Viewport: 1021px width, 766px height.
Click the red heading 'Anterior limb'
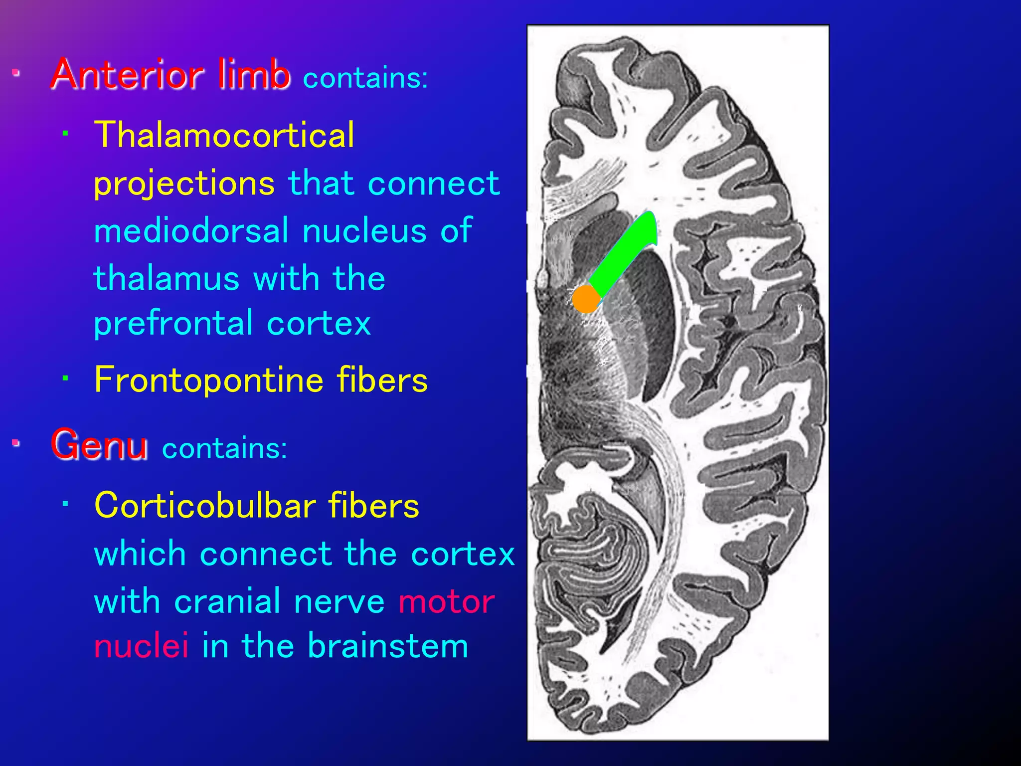[x=170, y=75]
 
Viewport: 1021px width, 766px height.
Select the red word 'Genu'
[x=99, y=444]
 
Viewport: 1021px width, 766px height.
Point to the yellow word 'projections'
[x=184, y=184]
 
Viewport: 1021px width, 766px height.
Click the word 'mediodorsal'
[x=191, y=231]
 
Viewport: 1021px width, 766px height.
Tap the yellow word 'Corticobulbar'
[x=205, y=506]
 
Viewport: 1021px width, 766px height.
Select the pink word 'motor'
[x=446, y=601]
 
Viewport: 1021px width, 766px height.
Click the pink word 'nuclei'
[x=142, y=646]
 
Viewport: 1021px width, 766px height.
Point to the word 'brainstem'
[x=388, y=646]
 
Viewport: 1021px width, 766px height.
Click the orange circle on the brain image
[x=586, y=299]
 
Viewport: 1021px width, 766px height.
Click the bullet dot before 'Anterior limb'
[x=16, y=73]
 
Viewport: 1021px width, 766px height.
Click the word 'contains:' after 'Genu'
[x=224, y=448]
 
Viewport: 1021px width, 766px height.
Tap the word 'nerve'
[x=339, y=601]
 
